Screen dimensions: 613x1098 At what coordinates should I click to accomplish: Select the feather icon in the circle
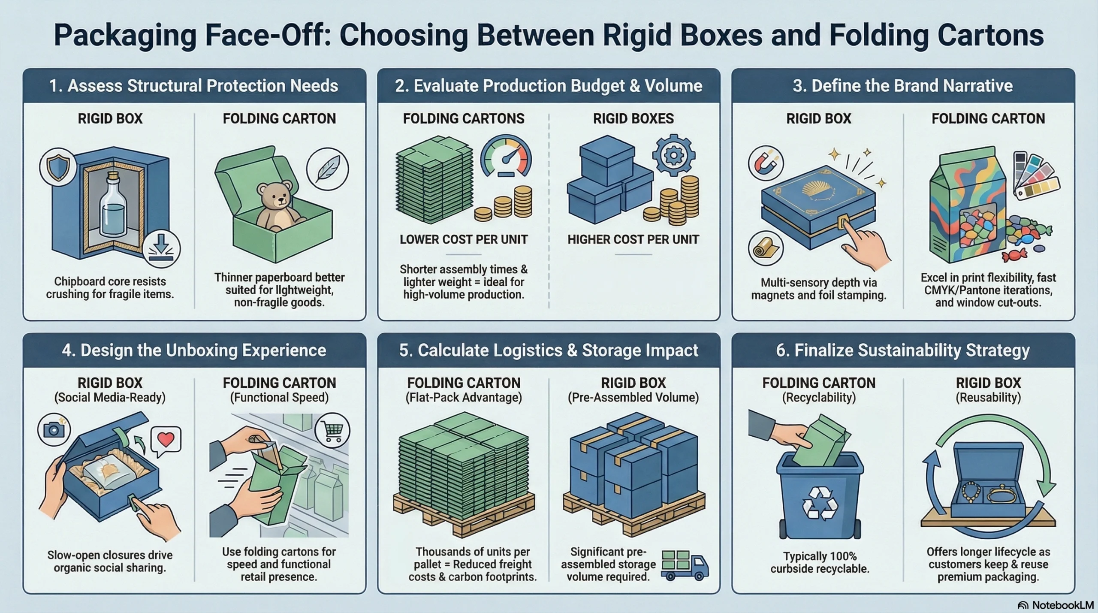327,169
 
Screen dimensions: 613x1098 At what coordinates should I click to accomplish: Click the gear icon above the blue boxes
674,155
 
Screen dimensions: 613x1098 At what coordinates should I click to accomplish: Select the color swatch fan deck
1035,176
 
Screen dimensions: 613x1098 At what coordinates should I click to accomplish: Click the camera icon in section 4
54,429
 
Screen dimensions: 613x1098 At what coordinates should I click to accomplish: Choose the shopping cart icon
332,430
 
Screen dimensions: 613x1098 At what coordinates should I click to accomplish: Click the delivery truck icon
685,565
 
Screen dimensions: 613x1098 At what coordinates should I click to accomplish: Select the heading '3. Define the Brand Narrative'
902,86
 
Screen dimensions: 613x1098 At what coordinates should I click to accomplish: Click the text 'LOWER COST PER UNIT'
464,239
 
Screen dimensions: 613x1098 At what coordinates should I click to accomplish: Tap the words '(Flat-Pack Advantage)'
464,397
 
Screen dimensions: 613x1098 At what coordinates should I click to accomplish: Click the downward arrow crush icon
162,249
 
